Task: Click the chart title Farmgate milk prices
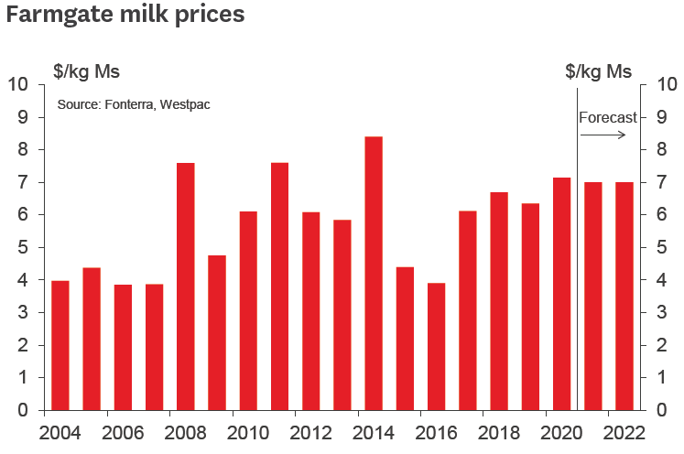tap(125, 16)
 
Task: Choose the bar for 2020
tap(561, 293)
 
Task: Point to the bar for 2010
tap(247, 310)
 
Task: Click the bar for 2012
tap(310, 311)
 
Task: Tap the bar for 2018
tap(499, 301)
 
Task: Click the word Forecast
tap(607, 117)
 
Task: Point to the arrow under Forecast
tap(603, 135)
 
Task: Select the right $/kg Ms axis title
tap(598, 70)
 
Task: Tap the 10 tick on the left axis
tap(18, 85)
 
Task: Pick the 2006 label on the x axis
tap(122, 432)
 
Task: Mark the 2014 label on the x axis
tap(373, 432)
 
